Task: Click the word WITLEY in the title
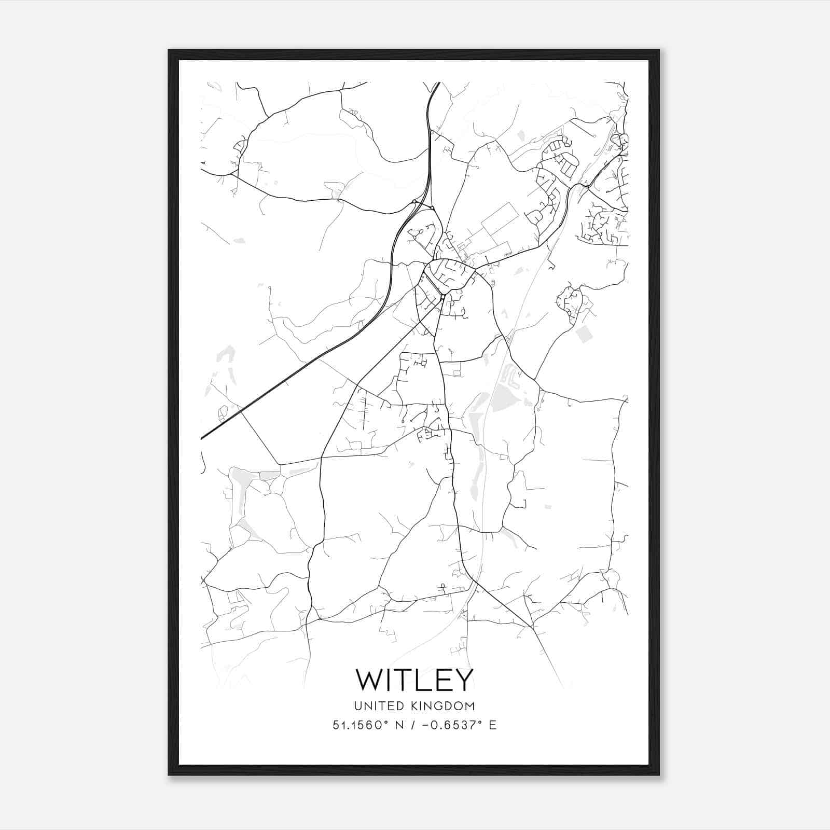414,680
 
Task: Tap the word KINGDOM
444,706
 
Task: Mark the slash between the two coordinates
413,725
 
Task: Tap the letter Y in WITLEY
463,680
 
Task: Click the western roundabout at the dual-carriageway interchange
414,202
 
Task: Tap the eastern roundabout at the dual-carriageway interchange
432,208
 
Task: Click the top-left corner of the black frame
169,50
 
